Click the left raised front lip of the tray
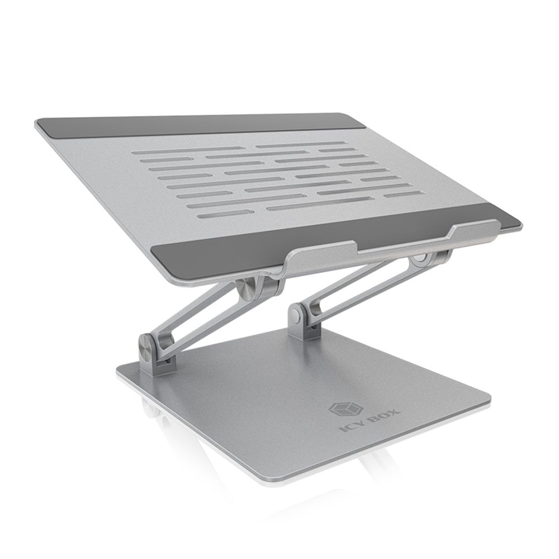click(324, 253)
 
